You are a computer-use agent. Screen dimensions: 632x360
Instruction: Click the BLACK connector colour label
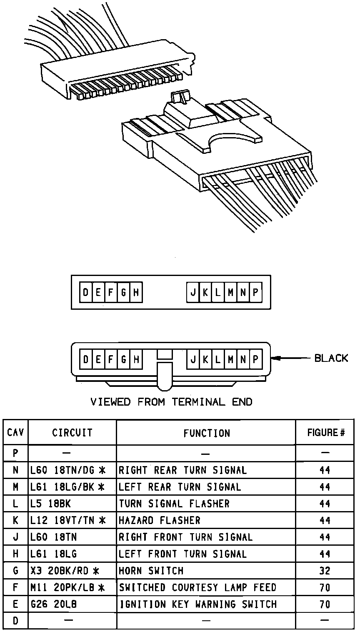(x=331, y=358)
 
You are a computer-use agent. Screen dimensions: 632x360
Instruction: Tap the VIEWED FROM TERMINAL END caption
(x=171, y=402)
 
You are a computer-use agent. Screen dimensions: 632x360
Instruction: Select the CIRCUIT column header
(x=72, y=433)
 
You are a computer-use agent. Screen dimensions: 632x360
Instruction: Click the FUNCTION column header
(x=206, y=433)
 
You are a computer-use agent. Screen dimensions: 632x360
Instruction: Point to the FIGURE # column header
(x=326, y=433)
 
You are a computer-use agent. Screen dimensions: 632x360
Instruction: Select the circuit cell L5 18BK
(x=51, y=504)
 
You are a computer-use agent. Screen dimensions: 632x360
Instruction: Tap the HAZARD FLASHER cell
(x=160, y=520)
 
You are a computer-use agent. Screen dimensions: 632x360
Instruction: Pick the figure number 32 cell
(x=325, y=571)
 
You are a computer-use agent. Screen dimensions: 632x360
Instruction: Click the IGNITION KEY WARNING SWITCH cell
(x=198, y=604)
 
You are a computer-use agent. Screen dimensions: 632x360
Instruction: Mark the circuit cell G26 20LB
(x=54, y=604)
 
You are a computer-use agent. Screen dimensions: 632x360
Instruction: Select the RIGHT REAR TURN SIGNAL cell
(x=183, y=470)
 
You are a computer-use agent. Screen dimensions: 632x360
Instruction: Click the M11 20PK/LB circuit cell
(x=67, y=587)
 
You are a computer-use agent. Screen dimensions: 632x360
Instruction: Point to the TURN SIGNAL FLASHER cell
(x=174, y=504)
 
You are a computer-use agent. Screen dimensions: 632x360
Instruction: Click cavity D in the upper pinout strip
(x=85, y=292)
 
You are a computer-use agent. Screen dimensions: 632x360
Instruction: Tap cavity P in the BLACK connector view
(x=256, y=359)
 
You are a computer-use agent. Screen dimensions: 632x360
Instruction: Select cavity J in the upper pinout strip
(x=193, y=292)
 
